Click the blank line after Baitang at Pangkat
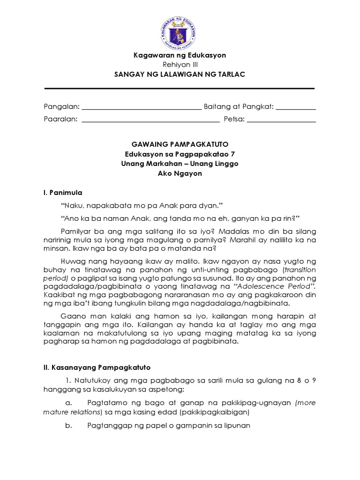point(296,108)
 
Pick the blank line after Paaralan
point(150,120)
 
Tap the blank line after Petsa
point(281,120)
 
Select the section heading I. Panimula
point(63,192)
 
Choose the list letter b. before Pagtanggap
point(68,426)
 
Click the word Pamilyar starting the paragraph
point(75,232)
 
